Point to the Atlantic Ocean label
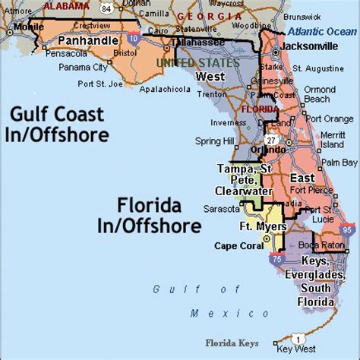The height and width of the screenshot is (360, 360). click(x=322, y=31)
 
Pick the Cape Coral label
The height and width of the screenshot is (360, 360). click(x=235, y=245)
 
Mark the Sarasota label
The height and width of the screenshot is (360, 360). click(x=217, y=207)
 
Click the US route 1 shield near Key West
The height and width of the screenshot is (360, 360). click(x=300, y=338)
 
